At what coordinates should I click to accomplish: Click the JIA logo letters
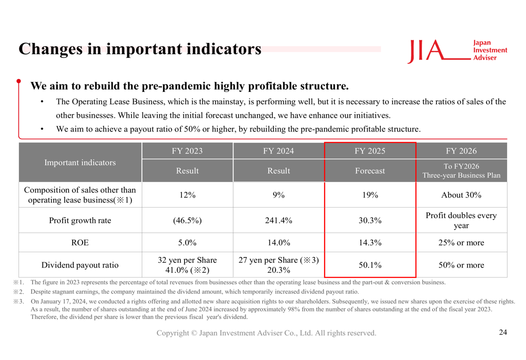coord(427,50)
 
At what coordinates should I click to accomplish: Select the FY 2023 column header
coord(187,151)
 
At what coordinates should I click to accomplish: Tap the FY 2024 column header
coord(278,151)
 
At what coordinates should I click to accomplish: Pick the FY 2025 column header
coord(370,151)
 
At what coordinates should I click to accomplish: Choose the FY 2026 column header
coord(461,151)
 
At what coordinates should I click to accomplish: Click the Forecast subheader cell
coord(370,171)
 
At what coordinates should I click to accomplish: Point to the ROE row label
coord(80,243)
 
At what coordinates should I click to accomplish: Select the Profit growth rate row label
coord(80,221)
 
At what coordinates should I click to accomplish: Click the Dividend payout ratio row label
coord(80,265)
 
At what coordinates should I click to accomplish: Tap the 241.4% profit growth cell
coord(278,221)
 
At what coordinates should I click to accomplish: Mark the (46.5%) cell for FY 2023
coord(187,221)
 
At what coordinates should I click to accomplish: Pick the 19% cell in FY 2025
coord(370,195)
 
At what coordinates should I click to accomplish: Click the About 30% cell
coord(461,195)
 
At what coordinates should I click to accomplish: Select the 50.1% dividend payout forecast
coord(370,265)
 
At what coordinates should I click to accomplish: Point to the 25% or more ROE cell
coord(461,243)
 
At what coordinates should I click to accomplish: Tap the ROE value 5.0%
coord(187,243)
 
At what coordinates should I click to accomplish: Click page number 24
coord(502,332)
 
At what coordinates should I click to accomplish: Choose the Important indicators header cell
coord(80,162)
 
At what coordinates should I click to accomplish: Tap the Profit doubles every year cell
coord(461,221)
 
